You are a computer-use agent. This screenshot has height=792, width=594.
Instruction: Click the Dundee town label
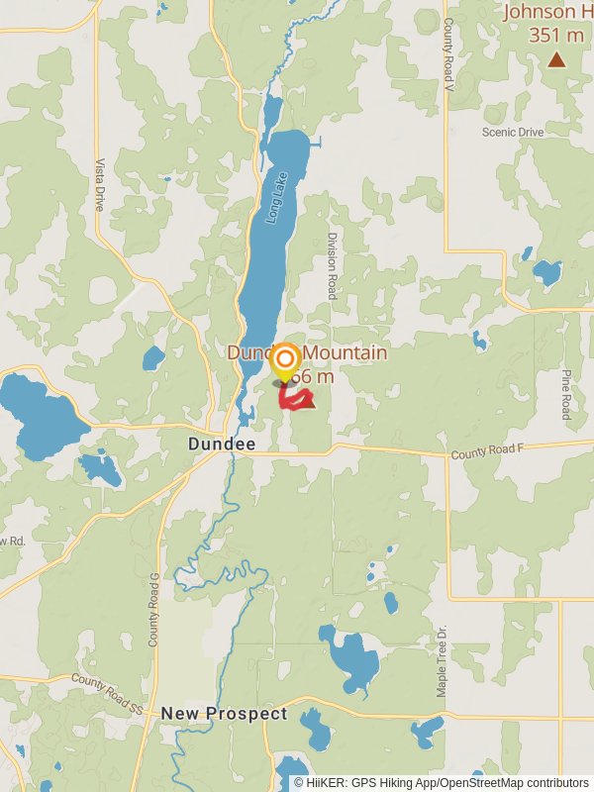(222, 445)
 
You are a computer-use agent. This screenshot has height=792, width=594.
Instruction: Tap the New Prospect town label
(224, 714)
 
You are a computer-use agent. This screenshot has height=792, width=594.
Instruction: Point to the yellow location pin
(285, 361)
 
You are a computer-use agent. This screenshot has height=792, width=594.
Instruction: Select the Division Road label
(333, 266)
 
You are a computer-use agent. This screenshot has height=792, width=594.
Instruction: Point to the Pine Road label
(566, 394)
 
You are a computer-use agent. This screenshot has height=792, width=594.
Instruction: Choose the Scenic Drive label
(513, 132)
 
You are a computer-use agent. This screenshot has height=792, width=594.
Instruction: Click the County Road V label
(447, 55)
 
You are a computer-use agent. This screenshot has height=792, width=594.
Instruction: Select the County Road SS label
(107, 693)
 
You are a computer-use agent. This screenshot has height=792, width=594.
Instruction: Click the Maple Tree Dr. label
(443, 660)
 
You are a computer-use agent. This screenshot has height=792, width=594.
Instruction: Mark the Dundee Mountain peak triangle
(306, 402)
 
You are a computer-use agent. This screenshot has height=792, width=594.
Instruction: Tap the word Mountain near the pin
(346, 353)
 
